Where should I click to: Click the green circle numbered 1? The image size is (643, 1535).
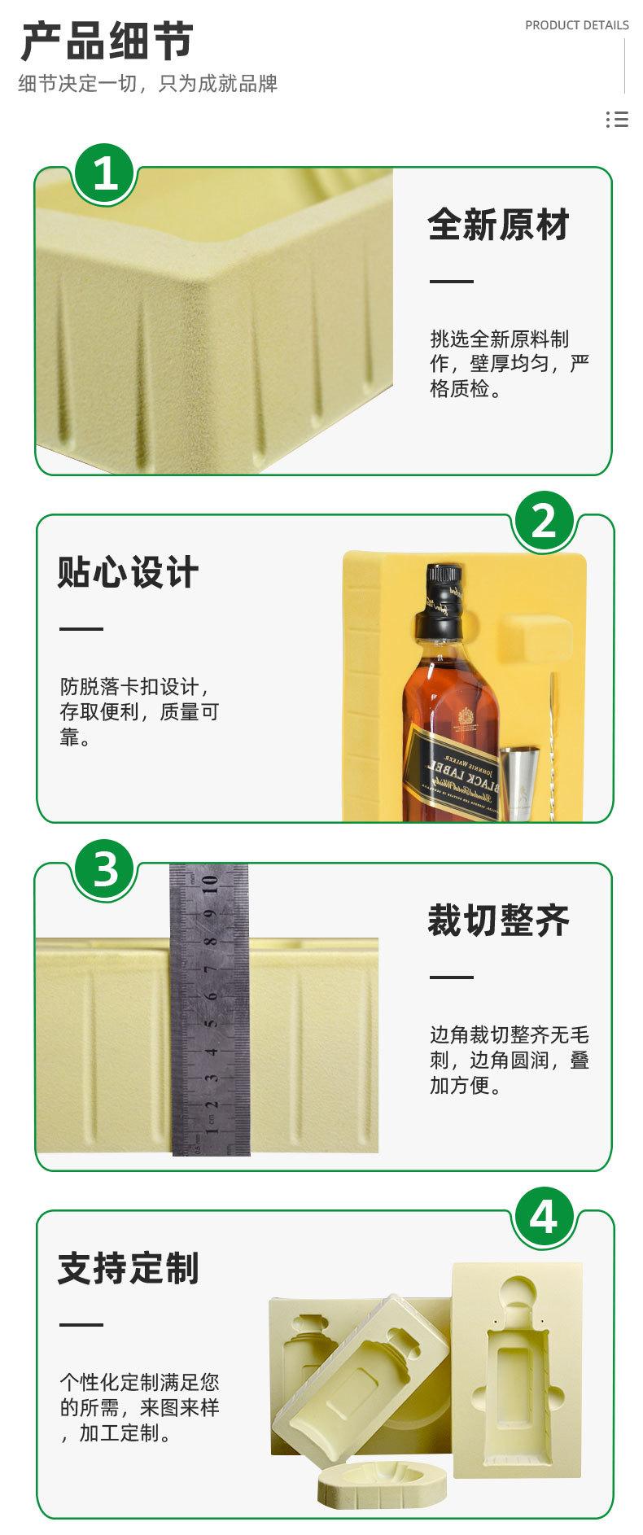point(105,173)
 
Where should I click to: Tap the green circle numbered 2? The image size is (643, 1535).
point(543,520)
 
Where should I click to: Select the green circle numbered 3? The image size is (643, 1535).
point(105,868)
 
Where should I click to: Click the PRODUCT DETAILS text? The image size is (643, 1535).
point(576,25)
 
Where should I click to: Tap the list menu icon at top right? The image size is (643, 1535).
point(617,120)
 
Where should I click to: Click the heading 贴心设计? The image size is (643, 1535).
point(128,572)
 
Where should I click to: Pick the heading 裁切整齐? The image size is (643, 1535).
point(498,921)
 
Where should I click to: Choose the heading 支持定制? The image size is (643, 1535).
point(128,1268)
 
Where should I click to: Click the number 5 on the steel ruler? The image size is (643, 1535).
point(210,1023)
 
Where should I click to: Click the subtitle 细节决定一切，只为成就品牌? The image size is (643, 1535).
point(147,83)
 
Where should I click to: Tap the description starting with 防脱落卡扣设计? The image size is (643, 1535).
point(139,711)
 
